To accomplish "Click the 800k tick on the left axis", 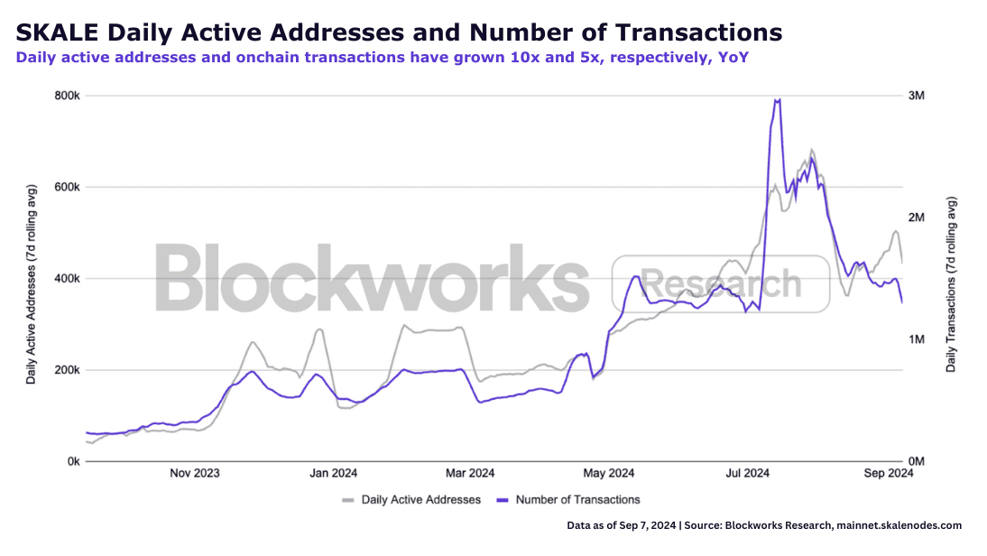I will click(x=69, y=96).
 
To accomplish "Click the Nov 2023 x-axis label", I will click(x=194, y=473).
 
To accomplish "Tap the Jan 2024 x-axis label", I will click(x=333, y=473).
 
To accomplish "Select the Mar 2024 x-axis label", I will click(x=470, y=473).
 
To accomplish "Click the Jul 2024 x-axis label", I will click(x=747, y=473).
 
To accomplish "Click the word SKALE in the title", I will click(x=57, y=33).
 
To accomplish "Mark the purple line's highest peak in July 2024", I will click(x=778, y=99).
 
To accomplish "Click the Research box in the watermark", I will click(x=720, y=283).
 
